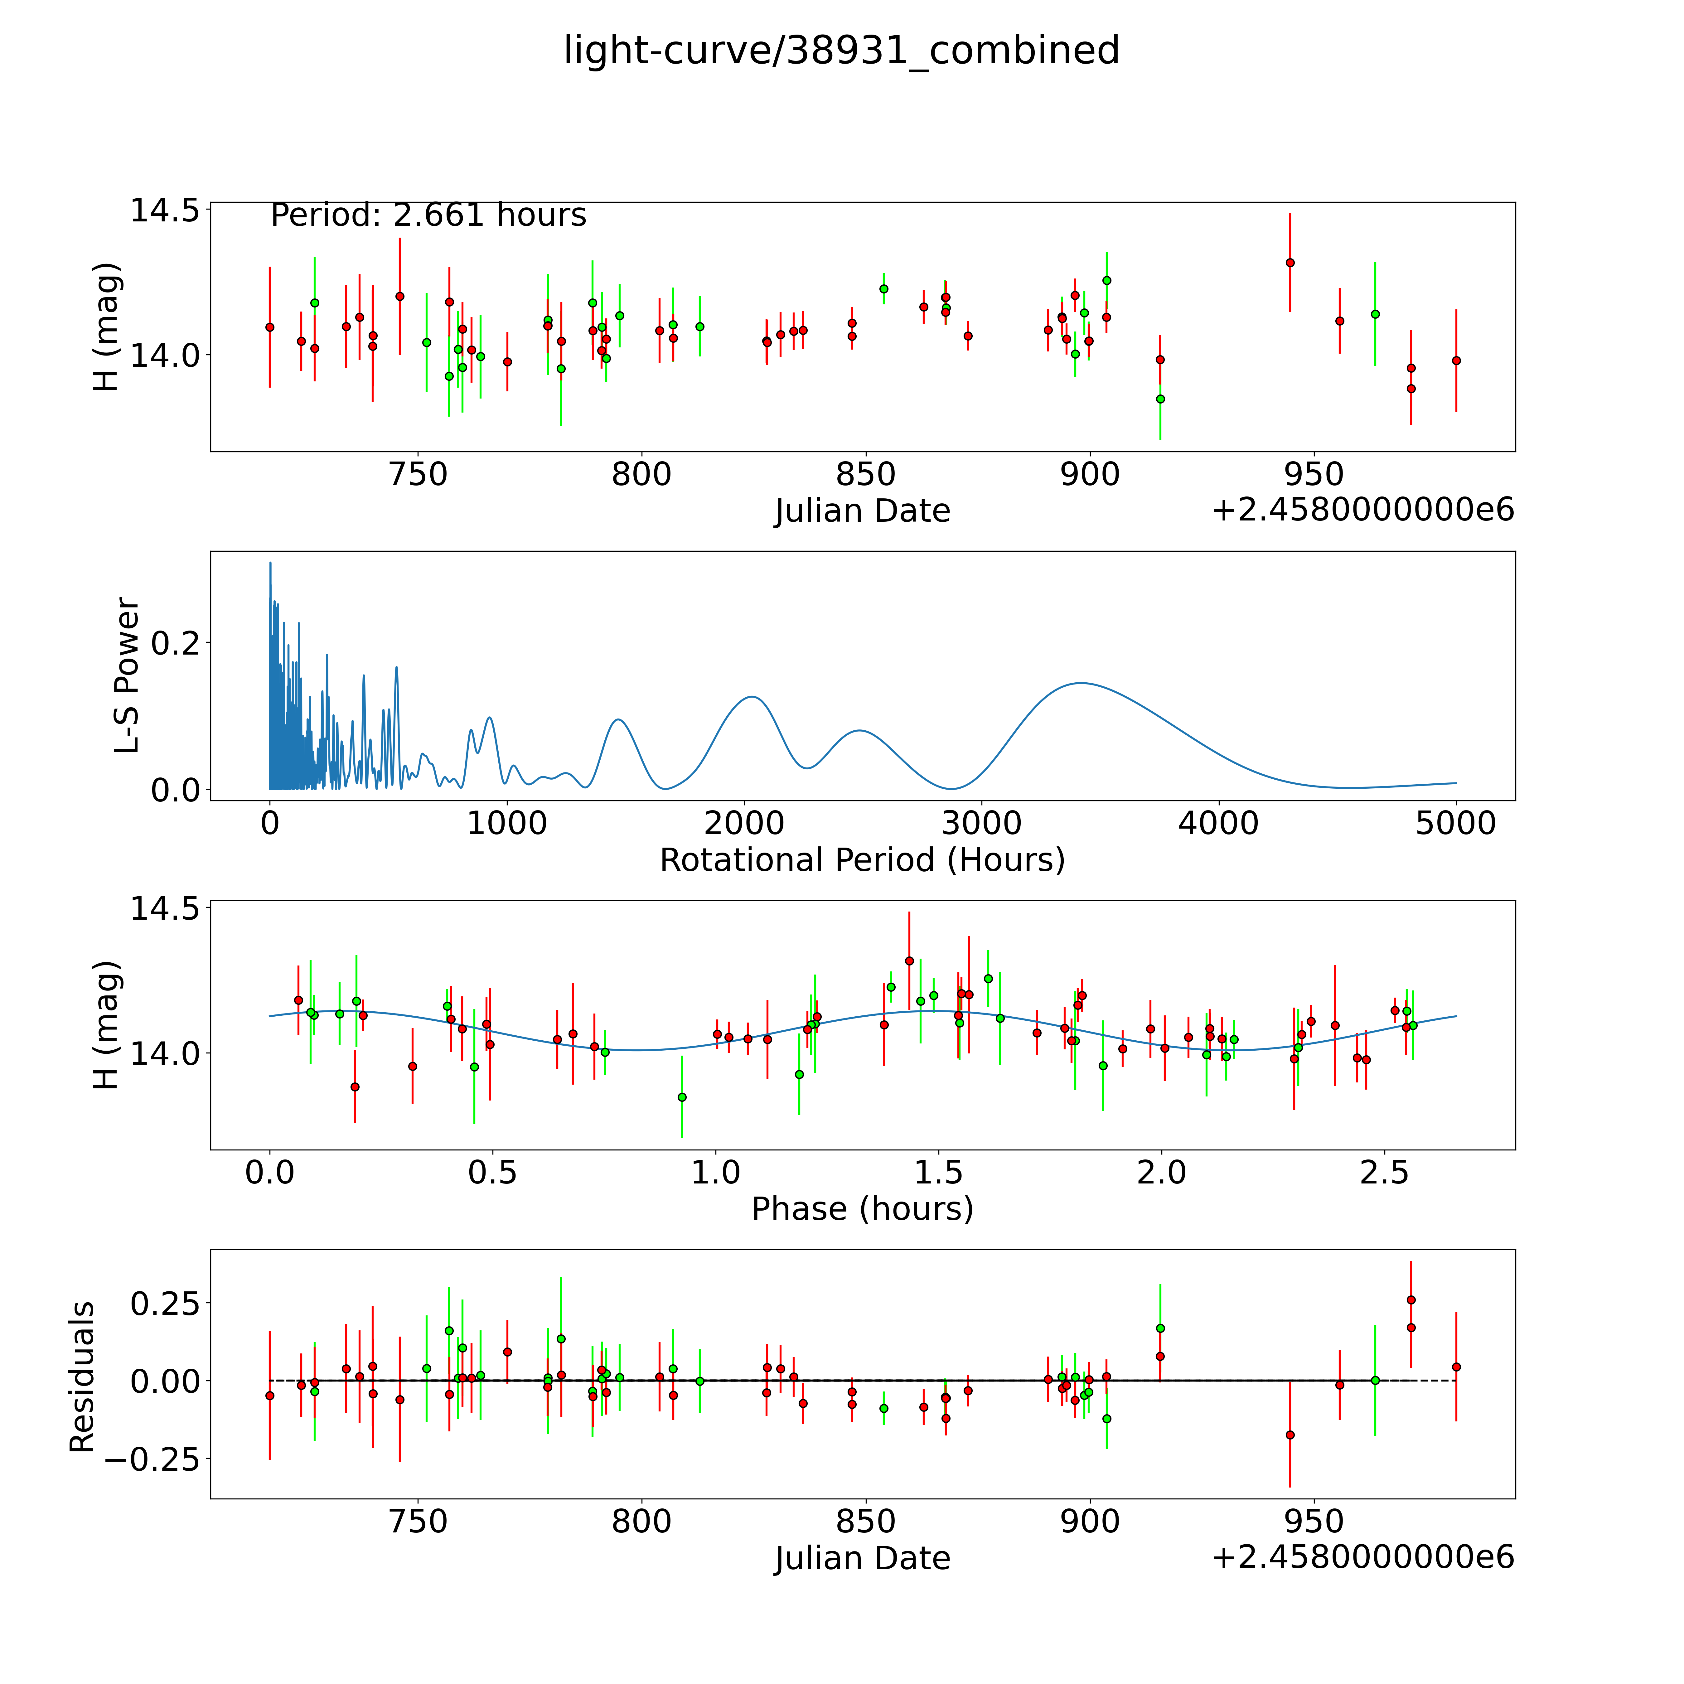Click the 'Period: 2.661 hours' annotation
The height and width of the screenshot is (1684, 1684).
(x=428, y=215)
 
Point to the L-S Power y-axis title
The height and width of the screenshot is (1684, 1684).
(x=127, y=675)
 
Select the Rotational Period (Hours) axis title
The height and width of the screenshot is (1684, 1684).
(x=862, y=860)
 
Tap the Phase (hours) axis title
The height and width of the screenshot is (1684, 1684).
(x=862, y=1209)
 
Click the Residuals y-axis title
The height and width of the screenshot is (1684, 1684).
(x=82, y=1377)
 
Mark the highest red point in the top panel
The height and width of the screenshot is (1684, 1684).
(x=1290, y=262)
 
